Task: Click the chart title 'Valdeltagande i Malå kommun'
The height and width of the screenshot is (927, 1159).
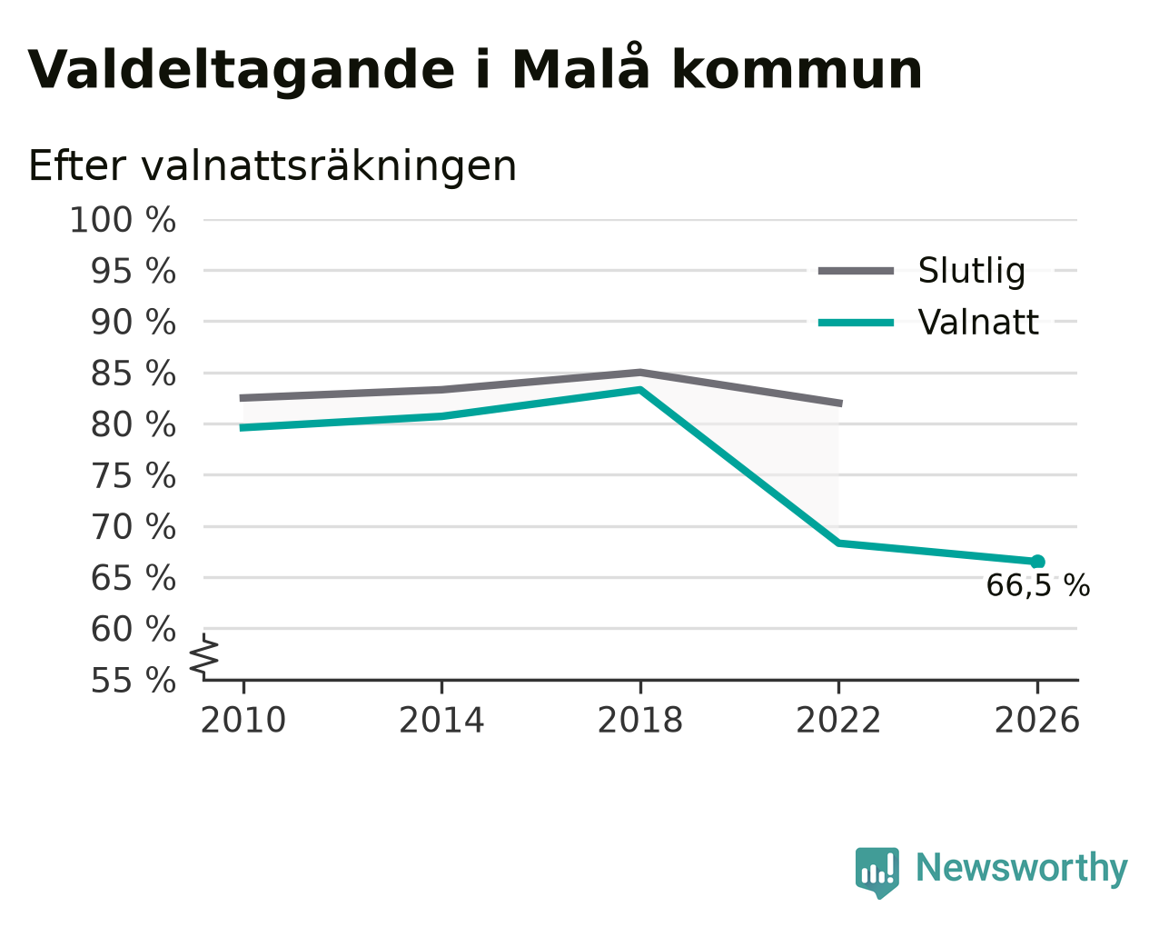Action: point(475,70)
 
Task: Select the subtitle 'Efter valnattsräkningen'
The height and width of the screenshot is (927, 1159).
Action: point(272,166)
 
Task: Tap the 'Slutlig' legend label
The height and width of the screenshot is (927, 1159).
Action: point(972,271)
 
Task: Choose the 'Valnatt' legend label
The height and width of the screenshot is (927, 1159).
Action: point(978,323)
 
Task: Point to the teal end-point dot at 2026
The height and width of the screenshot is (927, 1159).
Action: point(1037,562)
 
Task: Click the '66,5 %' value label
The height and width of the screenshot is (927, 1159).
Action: point(1038,586)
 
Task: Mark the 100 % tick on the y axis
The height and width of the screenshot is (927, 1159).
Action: point(123,221)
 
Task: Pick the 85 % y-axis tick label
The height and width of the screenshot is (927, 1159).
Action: point(133,374)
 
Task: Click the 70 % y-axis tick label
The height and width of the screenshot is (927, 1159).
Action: point(133,527)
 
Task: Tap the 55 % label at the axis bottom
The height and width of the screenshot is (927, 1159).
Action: point(133,680)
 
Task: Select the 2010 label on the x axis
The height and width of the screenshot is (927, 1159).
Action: point(243,720)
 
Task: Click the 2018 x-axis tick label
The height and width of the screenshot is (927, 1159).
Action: point(639,720)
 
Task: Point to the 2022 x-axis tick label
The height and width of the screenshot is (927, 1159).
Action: point(838,720)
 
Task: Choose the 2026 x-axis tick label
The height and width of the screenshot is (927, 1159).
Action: point(1036,720)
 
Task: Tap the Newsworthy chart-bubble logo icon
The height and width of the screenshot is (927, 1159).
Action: point(877,868)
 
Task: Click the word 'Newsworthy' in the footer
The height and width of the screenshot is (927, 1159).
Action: point(1022,868)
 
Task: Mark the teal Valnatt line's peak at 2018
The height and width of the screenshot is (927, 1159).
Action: point(639,389)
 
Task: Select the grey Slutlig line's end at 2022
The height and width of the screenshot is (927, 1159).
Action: point(841,404)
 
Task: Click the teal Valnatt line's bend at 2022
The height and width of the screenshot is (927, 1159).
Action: point(838,543)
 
